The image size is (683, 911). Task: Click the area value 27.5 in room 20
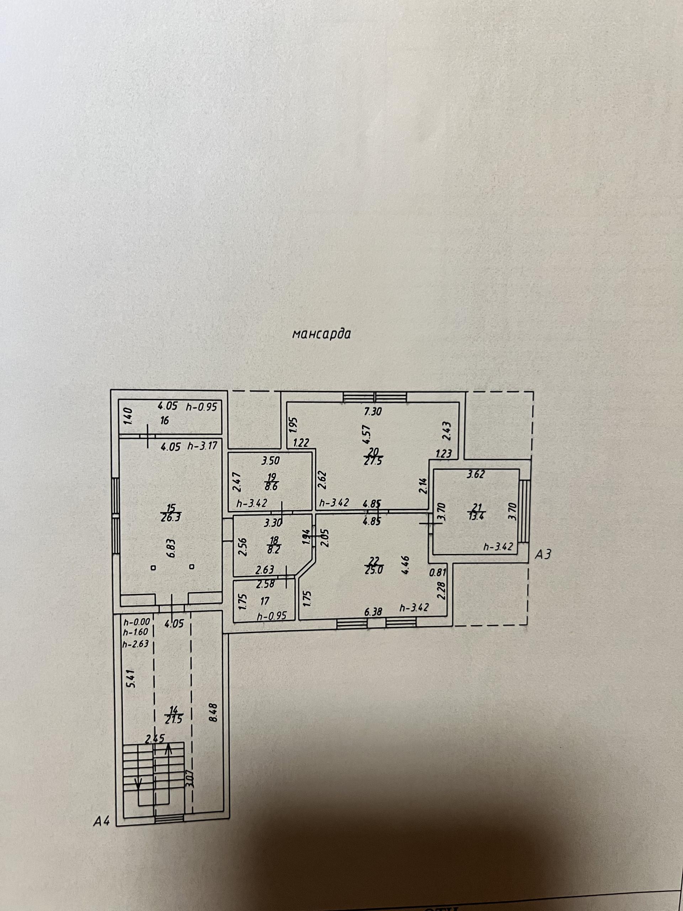(373, 461)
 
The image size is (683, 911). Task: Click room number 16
(165, 421)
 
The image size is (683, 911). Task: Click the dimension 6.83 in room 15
(172, 549)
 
